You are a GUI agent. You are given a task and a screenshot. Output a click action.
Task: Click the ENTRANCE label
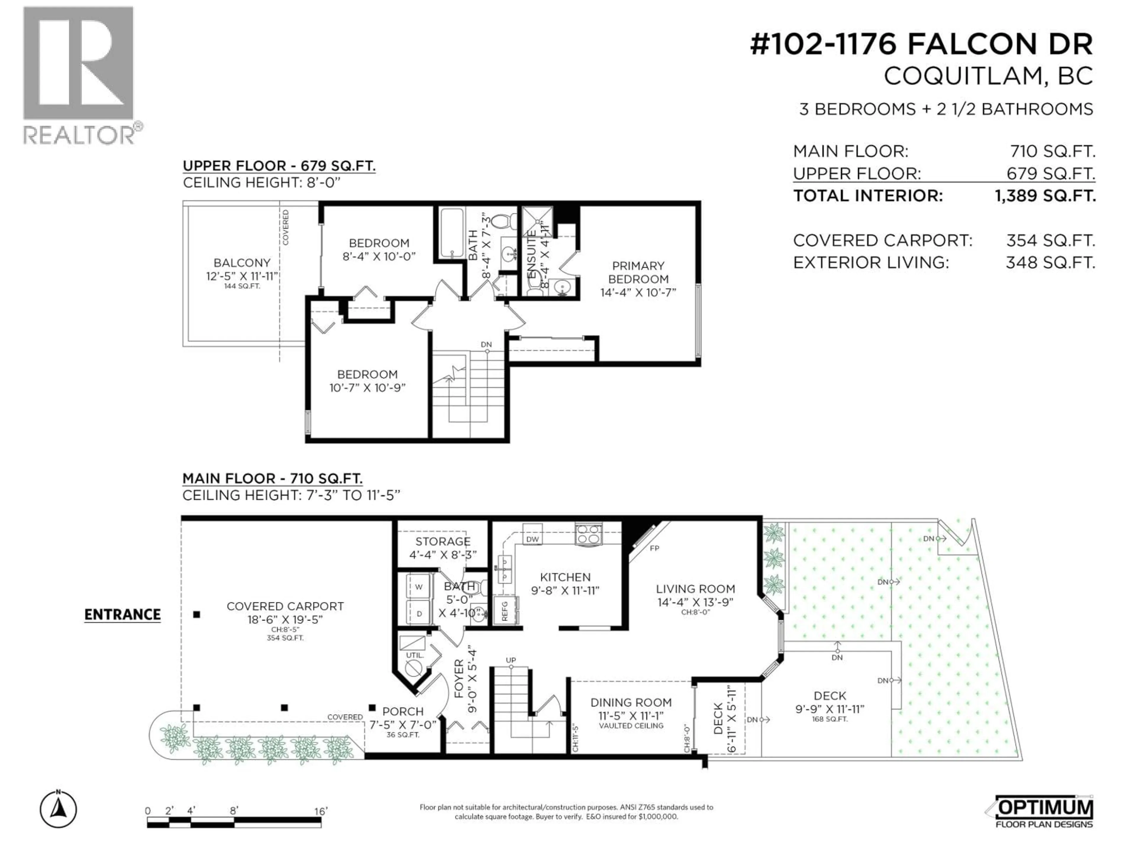click(x=122, y=615)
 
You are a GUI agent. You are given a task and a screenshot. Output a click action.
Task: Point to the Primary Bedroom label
click(x=638, y=279)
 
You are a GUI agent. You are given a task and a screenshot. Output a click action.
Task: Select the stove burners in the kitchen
click(x=588, y=534)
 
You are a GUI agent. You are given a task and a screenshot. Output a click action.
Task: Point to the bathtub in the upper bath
click(x=451, y=232)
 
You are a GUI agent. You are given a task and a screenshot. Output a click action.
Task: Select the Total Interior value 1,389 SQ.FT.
click(x=1045, y=196)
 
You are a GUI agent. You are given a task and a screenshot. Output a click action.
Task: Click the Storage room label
click(x=443, y=541)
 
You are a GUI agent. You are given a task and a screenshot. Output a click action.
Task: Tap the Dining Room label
click(x=631, y=703)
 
